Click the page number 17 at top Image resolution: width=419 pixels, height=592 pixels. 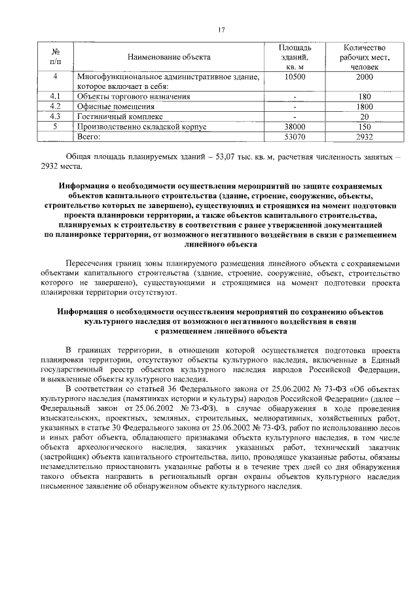221,29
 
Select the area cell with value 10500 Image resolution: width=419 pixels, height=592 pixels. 295,77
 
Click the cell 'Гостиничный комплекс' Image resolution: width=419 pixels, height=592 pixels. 116,116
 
